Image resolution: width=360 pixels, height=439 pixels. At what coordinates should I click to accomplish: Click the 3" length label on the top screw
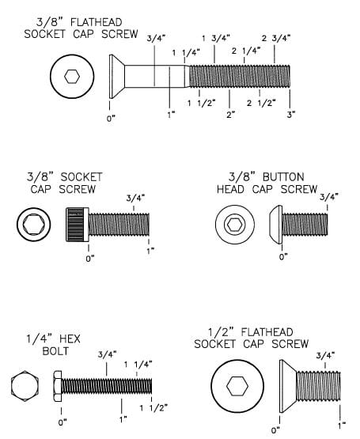[291, 115]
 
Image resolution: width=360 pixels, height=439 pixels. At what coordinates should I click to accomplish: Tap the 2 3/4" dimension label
[276, 38]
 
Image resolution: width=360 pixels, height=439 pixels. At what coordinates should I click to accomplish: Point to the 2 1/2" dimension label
[261, 103]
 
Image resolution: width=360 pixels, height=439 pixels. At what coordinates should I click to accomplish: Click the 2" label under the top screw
[230, 115]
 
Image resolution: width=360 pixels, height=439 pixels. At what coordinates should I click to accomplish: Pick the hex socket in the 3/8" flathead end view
[72, 77]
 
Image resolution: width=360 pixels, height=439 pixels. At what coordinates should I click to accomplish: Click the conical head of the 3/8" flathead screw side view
[117, 77]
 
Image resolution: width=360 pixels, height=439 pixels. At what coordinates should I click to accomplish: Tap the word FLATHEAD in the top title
[96, 22]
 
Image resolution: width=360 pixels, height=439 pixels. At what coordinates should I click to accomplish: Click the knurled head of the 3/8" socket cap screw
[78, 225]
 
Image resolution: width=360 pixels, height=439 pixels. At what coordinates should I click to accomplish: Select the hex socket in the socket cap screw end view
[33, 225]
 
